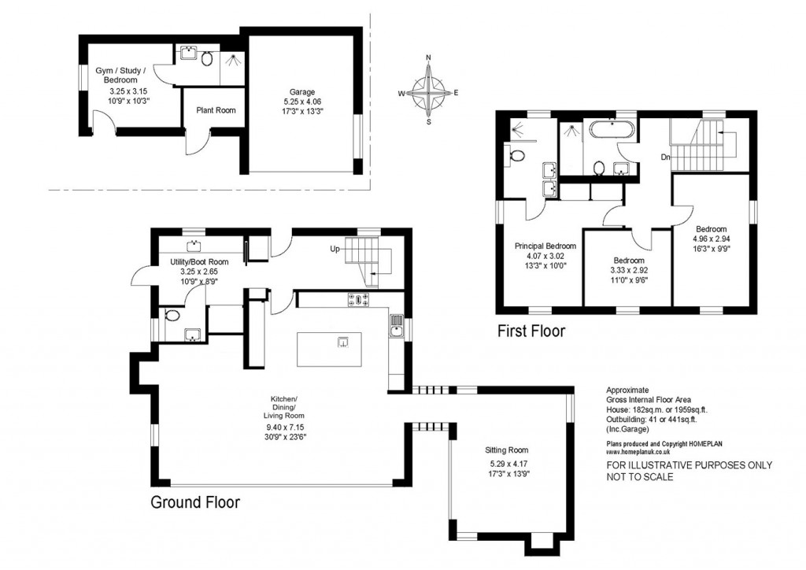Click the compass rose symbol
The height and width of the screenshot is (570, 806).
(429, 92)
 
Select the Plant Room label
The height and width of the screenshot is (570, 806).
(216, 110)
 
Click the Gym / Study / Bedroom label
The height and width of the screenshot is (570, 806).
(116, 76)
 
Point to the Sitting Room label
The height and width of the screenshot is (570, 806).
(506, 450)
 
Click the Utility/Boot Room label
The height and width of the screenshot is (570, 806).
(200, 261)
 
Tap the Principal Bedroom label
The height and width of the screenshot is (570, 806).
(545, 246)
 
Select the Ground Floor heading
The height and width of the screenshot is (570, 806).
(194, 502)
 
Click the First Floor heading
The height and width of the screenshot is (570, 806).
(531, 331)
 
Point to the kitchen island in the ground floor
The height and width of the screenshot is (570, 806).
(329, 349)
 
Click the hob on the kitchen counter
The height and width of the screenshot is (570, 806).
(359, 298)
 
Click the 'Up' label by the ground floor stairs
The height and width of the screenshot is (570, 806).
(335, 249)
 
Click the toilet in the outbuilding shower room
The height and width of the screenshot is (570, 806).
(207, 57)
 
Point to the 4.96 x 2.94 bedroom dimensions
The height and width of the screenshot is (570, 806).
(712, 239)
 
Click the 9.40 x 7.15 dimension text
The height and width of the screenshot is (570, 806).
(284, 428)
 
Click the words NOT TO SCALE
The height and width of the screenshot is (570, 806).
(639, 476)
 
